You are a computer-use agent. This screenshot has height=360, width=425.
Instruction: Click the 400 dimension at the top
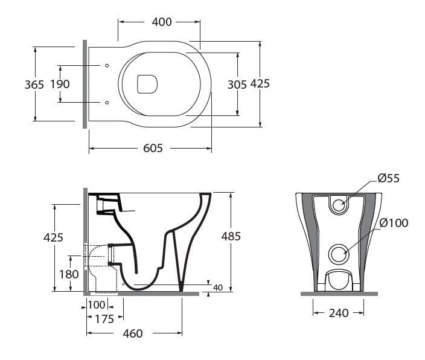click(161, 22)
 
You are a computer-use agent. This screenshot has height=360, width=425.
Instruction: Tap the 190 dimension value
click(60, 85)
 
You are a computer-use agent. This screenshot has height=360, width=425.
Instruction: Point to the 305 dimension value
click(237, 85)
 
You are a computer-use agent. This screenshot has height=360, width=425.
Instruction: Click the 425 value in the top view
click(260, 84)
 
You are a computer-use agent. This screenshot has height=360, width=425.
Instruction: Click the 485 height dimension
click(231, 236)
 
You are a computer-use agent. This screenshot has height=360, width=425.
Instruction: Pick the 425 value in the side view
click(53, 237)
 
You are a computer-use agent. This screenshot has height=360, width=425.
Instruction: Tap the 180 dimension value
click(69, 274)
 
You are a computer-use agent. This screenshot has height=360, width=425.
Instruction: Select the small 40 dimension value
click(218, 288)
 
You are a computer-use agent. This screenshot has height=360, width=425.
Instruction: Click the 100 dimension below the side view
click(97, 305)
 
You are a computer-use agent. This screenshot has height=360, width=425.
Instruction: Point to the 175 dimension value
click(104, 320)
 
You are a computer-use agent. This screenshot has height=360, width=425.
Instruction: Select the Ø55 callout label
click(389, 178)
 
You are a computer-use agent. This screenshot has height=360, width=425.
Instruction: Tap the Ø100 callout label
click(393, 223)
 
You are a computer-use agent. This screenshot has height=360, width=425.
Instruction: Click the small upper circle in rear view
click(339, 204)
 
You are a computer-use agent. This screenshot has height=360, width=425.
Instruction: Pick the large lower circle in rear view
click(339, 254)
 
